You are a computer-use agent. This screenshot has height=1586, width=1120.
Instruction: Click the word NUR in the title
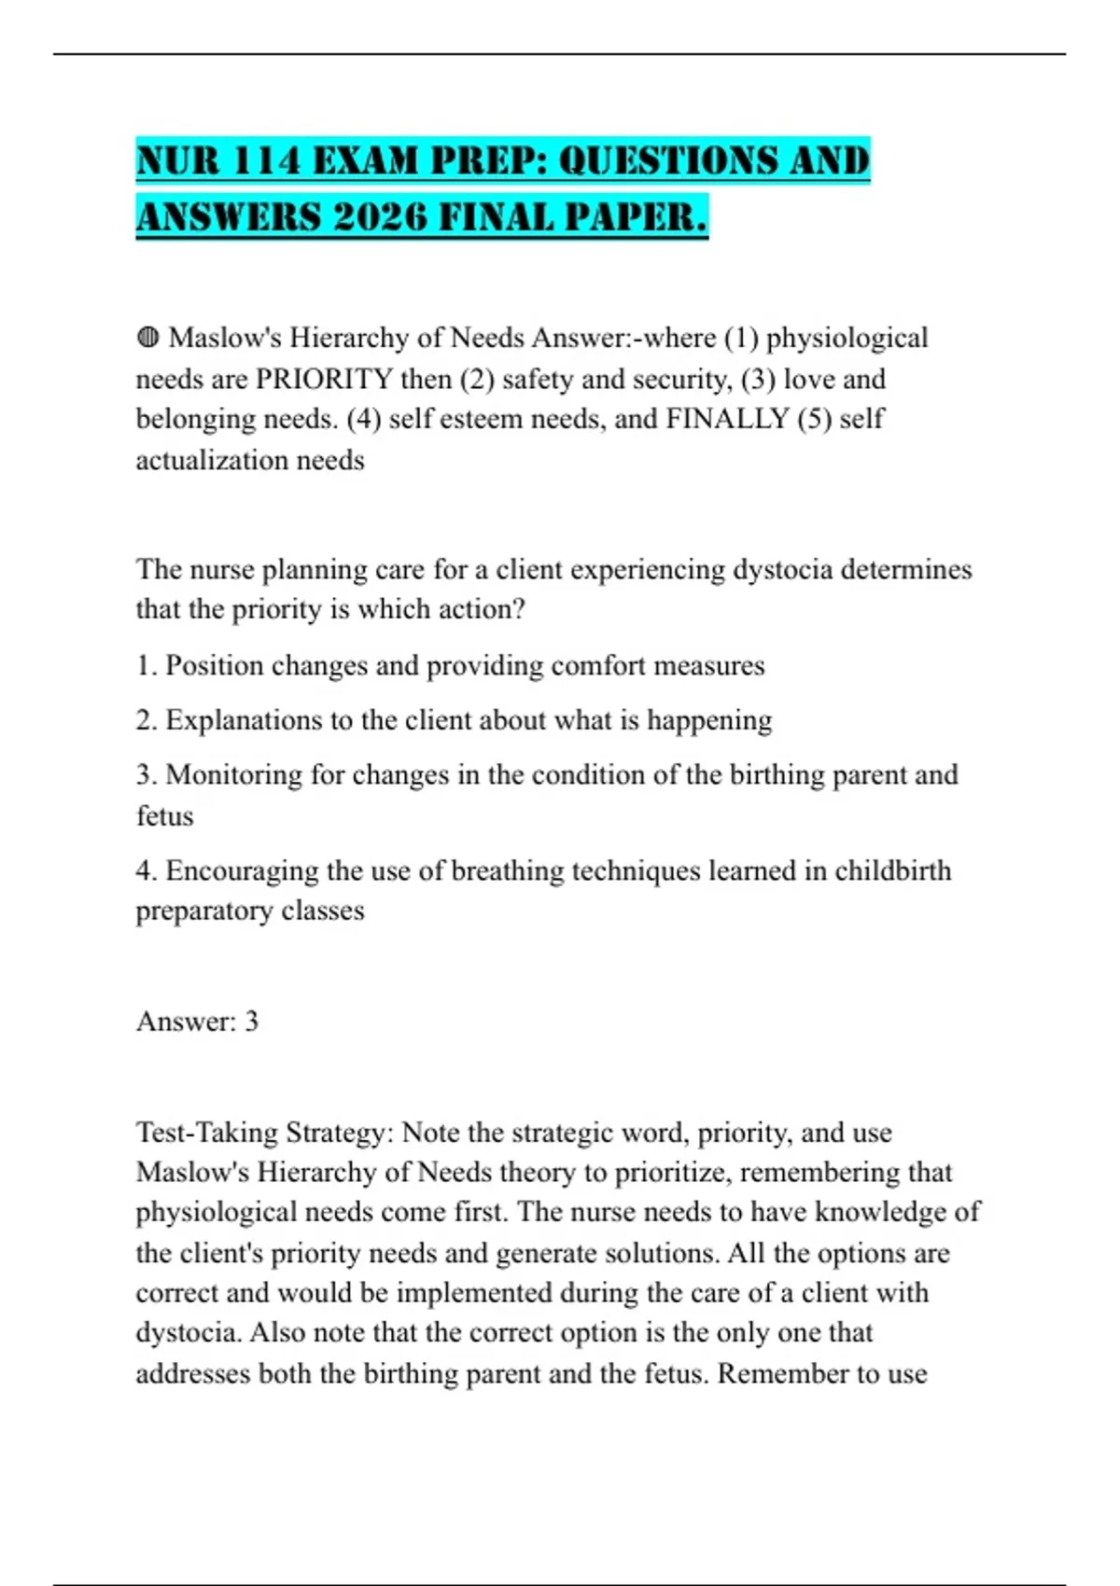click(x=178, y=160)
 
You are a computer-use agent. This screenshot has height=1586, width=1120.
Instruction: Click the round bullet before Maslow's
click(x=147, y=337)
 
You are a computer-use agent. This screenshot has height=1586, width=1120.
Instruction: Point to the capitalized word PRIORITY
click(x=324, y=379)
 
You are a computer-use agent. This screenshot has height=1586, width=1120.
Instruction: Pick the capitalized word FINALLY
click(x=727, y=419)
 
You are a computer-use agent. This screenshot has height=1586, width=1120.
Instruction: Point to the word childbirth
click(x=892, y=870)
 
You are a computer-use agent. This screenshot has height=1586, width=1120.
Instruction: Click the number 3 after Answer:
click(x=251, y=1022)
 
